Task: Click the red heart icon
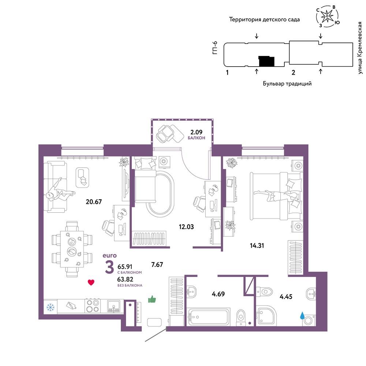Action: [x=91, y=283]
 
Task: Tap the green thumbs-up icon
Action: [x=152, y=299]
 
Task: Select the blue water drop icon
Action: [x=303, y=315]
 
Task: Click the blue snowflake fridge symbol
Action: [x=51, y=307]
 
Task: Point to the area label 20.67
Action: [x=94, y=201]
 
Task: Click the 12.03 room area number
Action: [x=186, y=227]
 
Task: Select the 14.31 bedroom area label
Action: [x=257, y=245]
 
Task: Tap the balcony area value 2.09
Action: [x=197, y=132]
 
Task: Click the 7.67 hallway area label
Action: [x=157, y=265]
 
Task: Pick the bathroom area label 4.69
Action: [x=218, y=294]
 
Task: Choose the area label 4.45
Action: [x=286, y=296]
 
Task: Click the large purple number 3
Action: [x=109, y=267]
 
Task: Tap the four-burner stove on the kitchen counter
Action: [x=93, y=306]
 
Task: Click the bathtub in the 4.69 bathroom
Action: [x=208, y=317]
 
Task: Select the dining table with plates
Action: [x=72, y=249]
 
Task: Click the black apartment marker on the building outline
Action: [x=266, y=61]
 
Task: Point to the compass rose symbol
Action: [x=328, y=16]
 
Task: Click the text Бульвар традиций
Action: [x=287, y=83]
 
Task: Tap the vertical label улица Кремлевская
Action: [x=360, y=48]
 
